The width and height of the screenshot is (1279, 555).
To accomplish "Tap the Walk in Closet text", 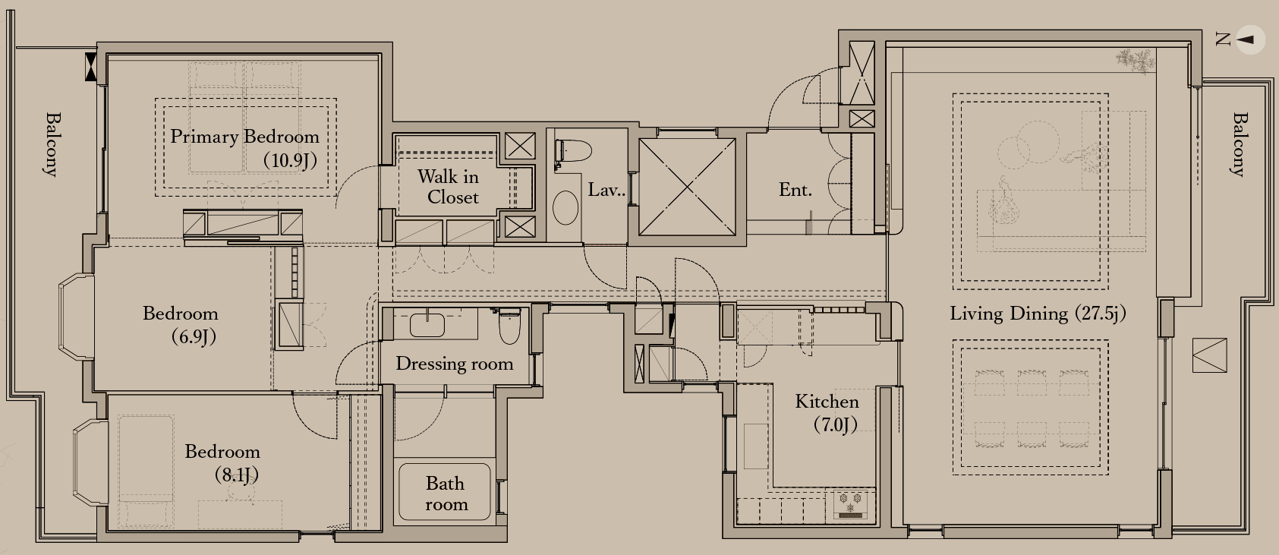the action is [449, 187].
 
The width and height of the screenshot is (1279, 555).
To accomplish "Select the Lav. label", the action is [606, 190].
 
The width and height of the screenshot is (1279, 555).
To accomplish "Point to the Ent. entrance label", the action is [795, 190].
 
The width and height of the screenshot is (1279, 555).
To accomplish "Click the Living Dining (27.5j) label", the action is [1038, 314].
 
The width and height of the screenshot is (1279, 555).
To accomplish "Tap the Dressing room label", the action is [455, 364].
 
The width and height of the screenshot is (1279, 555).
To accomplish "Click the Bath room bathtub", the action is [444, 492].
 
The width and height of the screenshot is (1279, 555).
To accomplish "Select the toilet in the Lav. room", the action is [572, 153].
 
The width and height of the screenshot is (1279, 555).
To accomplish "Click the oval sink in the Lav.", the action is [565, 207].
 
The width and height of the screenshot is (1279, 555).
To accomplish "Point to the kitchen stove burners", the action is [850, 503].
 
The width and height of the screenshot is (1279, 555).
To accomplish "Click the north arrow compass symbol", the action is [1250, 40].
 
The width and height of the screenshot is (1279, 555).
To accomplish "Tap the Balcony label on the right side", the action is [1239, 144].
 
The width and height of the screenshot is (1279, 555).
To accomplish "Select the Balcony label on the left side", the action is [52, 144].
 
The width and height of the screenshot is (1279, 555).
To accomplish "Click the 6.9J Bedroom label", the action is [181, 325].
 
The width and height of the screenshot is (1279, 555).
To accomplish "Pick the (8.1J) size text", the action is [236, 475].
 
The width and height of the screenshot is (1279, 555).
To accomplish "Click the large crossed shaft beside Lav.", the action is [687, 187].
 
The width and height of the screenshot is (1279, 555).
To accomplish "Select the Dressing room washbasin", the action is [427, 324].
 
